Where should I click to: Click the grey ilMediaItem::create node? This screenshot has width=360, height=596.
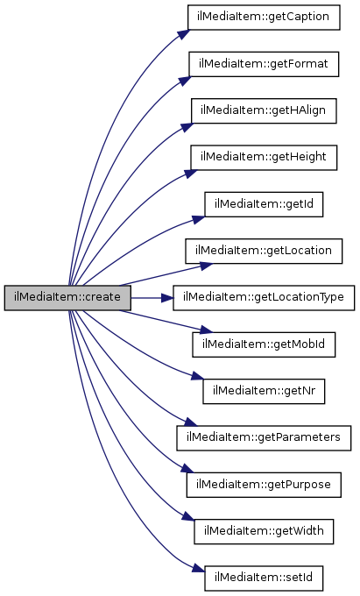67,298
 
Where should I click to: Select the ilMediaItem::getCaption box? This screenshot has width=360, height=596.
264,18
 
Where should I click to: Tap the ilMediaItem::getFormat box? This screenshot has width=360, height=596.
264,64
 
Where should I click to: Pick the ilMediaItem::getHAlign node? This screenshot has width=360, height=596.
264,110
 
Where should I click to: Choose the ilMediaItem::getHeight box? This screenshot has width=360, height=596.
264,158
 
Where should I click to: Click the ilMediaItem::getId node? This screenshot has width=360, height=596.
264,204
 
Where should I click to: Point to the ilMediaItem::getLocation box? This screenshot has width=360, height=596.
264,251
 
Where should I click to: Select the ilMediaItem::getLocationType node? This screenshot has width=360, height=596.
264,298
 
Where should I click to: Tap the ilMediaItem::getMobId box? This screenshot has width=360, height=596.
264,344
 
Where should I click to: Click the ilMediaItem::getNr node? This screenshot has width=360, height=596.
264,391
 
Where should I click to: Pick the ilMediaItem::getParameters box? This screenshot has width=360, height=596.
264,438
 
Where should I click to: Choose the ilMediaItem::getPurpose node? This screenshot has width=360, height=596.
264,485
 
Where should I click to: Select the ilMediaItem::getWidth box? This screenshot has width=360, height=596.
264,531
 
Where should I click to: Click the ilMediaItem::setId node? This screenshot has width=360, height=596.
264,578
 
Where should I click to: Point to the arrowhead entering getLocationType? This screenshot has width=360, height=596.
167,298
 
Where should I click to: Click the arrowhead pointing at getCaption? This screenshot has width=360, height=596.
182,33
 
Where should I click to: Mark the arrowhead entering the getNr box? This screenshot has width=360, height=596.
197,376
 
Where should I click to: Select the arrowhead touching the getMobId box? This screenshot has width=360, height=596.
205,330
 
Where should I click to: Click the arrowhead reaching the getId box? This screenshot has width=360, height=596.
198,220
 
